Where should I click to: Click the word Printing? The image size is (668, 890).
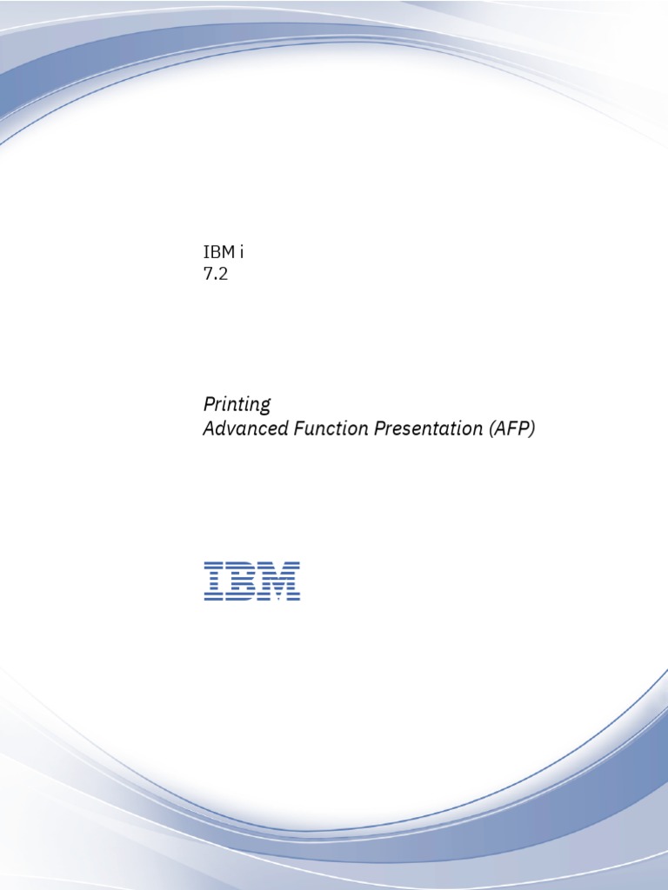(237, 405)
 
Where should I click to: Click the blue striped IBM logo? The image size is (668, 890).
(252, 581)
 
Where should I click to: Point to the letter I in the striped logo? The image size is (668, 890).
(213, 581)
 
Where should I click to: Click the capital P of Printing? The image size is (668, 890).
(209, 405)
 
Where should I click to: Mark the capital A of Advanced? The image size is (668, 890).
(209, 428)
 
